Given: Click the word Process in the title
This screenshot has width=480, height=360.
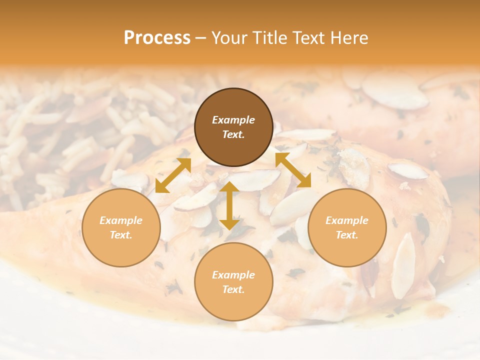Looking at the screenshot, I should click(157, 38).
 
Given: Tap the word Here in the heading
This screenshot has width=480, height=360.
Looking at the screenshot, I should click(348, 38).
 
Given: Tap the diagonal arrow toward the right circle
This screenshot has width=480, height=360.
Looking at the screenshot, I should click(293, 170).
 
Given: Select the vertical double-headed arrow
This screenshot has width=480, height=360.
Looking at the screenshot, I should click(229, 205).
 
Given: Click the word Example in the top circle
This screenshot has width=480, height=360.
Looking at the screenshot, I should click(233, 120).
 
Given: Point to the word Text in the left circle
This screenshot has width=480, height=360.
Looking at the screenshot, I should click(121, 235).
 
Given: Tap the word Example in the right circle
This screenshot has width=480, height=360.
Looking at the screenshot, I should click(347, 220).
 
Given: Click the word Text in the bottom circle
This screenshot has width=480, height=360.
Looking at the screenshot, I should click(233, 289).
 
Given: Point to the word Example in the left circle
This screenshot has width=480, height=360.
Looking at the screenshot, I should click(121, 220).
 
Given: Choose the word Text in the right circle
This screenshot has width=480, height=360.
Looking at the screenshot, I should click(347, 235).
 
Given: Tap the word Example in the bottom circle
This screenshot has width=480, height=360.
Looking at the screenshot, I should click(233, 275).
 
